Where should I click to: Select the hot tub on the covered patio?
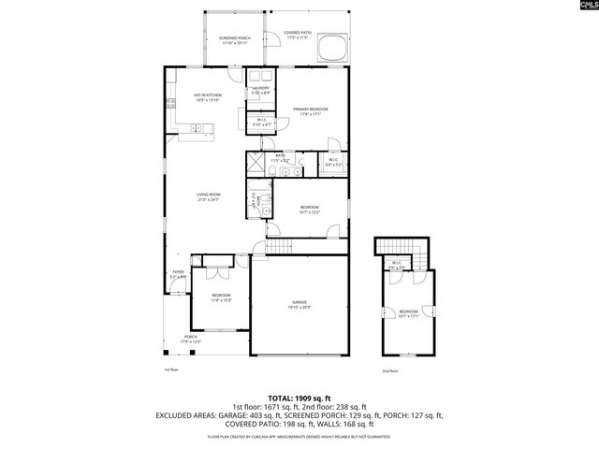(x=332, y=47)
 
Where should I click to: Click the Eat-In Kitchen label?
(x=207, y=97)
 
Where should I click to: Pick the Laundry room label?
(x=260, y=90)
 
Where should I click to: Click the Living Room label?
(x=208, y=197)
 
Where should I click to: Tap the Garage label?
(x=299, y=304)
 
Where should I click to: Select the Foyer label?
(x=178, y=275)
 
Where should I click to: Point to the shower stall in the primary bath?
(x=256, y=163)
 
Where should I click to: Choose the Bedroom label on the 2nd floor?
(x=409, y=313)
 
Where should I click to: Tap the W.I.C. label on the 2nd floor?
(x=397, y=264)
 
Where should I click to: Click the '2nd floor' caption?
(x=389, y=371)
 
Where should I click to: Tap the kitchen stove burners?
(x=170, y=104)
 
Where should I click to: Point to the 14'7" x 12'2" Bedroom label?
(x=310, y=210)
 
